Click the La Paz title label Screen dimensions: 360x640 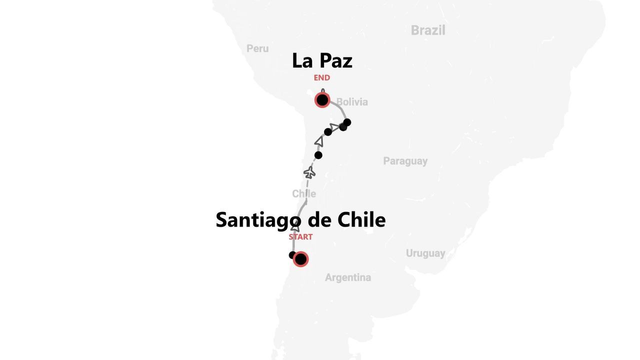pyautogui.click(x=322, y=61)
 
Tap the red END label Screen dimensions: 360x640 pyautogui.click(x=322, y=78)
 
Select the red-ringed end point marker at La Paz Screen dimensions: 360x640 pyautogui.click(x=322, y=100)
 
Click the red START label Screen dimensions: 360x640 pyautogui.click(x=300, y=237)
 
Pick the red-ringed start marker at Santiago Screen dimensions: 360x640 pyautogui.click(x=300, y=259)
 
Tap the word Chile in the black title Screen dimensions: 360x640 pyautogui.click(x=361, y=219)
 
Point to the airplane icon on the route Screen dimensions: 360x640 pyautogui.click(x=309, y=173)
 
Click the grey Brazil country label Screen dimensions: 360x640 pyautogui.click(x=428, y=30)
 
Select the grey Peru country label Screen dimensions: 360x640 pyautogui.click(x=257, y=48)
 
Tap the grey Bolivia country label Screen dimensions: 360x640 pyautogui.click(x=352, y=102)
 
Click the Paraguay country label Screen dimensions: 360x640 pyautogui.click(x=405, y=161)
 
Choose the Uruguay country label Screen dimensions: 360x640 pyautogui.click(x=425, y=253)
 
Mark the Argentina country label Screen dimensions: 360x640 pyautogui.click(x=348, y=277)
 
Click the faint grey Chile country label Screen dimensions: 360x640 pyautogui.click(x=304, y=193)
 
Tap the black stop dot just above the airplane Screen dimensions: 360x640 pyautogui.click(x=318, y=155)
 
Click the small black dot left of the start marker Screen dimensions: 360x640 pyautogui.click(x=292, y=255)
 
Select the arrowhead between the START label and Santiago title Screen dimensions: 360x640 pyautogui.click(x=295, y=228)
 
